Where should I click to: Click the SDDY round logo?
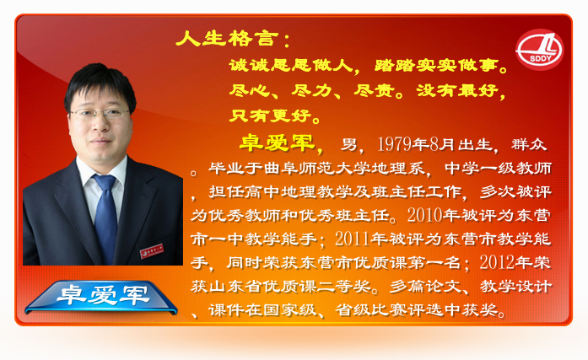[539, 50]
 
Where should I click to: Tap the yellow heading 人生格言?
[227, 38]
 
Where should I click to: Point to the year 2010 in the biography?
[425, 215]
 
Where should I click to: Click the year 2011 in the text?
[353, 239]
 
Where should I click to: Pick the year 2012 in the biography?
[497, 262]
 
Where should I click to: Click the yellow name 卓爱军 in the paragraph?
[277, 142]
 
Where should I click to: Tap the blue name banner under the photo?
[101, 296]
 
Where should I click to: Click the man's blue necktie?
[106, 215]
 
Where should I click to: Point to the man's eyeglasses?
[99, 114]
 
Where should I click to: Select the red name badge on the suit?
[152, 250]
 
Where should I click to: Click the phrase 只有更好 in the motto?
[270, 116]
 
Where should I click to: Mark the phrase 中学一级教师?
[498, 169]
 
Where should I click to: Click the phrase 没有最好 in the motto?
[457, 90]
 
